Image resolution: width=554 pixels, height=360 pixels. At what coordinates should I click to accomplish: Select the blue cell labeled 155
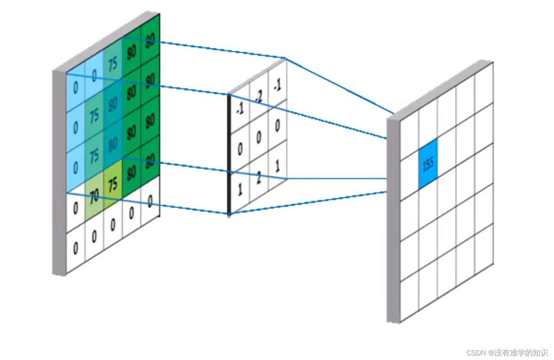[x=428, y=164]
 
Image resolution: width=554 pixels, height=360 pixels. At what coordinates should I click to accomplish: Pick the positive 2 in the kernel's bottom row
[x=258, y=178]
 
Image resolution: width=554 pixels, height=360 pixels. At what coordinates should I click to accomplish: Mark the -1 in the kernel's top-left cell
[x=240, y=109]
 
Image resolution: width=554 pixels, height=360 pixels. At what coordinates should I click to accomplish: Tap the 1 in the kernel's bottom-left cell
[x=240, y=189]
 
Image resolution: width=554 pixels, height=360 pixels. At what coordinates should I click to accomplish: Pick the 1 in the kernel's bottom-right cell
[x=277, y=166]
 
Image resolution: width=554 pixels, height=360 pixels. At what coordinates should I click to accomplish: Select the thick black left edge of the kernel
[x=229, y=154]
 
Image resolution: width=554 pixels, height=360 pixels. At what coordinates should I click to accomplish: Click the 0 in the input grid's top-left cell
[x=75, y=88]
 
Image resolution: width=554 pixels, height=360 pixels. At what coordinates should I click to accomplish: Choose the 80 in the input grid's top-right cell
[x=150, y=40]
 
